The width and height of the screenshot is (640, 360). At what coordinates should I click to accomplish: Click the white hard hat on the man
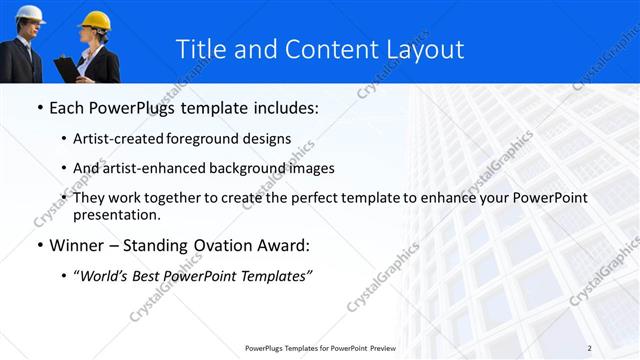click(x=31, y=13)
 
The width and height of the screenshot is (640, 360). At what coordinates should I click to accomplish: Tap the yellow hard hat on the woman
click(x=95, y=20)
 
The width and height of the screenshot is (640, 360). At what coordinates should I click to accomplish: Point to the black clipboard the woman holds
click(x=66, y=68)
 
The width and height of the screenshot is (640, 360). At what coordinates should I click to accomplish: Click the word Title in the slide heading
click(x=204, y=49)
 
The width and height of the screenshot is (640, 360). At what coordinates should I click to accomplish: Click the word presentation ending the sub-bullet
click(x=115, y=214)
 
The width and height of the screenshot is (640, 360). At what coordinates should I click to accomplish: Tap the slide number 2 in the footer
click(x=589, y=347)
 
